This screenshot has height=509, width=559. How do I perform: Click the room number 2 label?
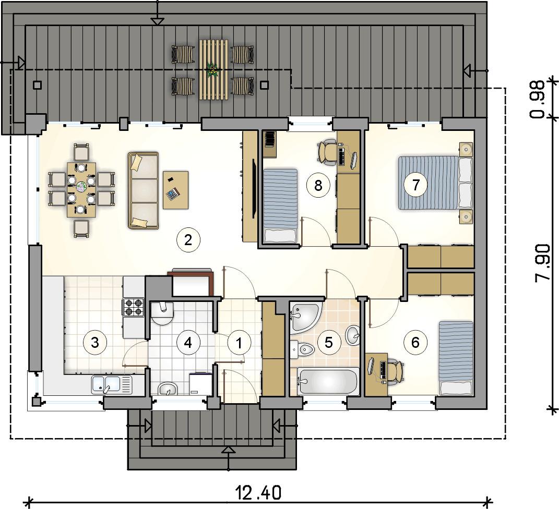click(x=188, y=240)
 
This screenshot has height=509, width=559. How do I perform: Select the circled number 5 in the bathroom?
click(x=329, y=343)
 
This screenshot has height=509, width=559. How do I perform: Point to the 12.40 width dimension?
click(x=258, y=493)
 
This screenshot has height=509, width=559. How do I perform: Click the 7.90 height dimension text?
click(x=542, y=263)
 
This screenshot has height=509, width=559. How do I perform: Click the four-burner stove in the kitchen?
click(x=133, y=307)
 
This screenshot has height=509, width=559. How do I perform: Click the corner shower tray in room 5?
click(x=305, y=315)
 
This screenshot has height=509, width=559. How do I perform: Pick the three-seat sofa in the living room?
click(x=144, y=190)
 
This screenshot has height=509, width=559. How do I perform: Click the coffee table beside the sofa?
click(x=176, y=190)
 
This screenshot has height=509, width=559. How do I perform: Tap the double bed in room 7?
click(x=435, y=183)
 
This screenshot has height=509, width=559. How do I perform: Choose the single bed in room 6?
click(x=456, y=358)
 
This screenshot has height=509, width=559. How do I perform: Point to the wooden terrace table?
click(x=213, y=69)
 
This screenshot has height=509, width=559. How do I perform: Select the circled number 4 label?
click(x=188, y=343)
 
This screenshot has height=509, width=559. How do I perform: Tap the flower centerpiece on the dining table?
click(x=81, y=186)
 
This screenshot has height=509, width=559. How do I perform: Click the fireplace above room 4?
click(x=191, y=282)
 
